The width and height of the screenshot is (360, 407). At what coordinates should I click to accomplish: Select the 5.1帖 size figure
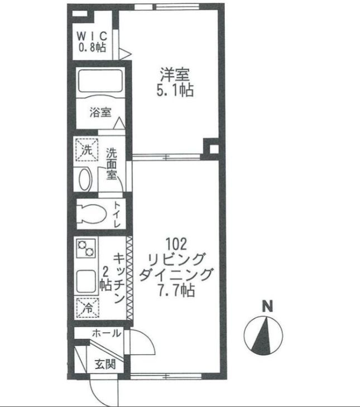(x=176, y=90)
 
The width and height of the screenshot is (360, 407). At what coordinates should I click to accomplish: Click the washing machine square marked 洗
(x=87, y=149)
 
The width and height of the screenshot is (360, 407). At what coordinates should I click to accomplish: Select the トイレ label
(x=117, y=214)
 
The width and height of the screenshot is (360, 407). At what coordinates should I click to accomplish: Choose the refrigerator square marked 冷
(x=88, y=307)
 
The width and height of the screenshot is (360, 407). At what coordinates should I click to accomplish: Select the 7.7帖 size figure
(x=176, y=290)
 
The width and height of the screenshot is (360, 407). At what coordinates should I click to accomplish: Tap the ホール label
(x=106, y=333)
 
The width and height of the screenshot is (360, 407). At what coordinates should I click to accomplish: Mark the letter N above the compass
(x=268, y=306)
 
